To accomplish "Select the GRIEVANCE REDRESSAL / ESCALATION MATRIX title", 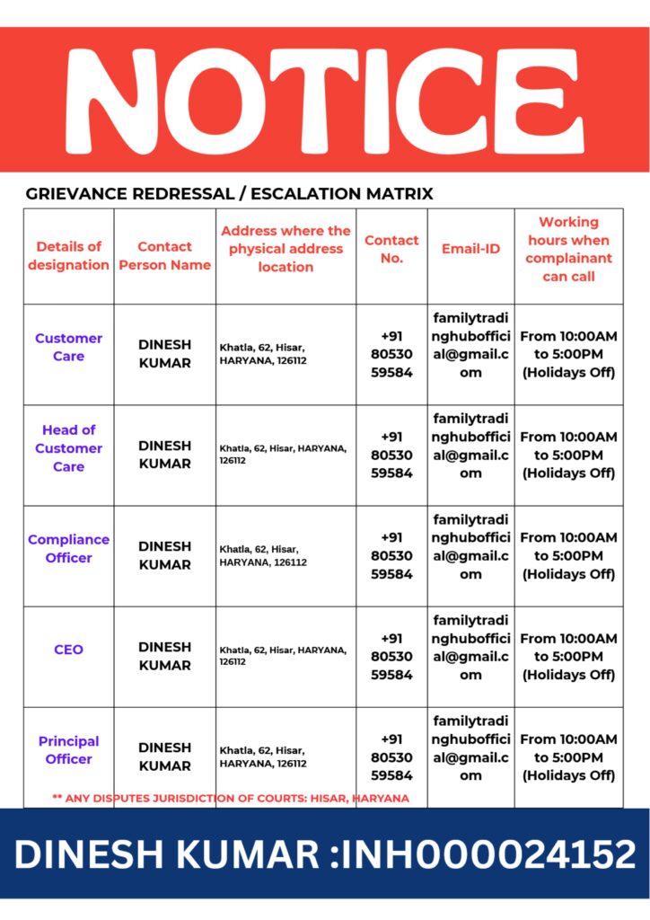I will pos(229,193).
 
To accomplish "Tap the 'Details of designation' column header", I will pos(68,255).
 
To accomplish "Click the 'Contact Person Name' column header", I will pos(164,255).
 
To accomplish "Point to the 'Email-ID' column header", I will pos(470,249).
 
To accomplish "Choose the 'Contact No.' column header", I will pos(391,249).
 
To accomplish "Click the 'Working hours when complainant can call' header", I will pos(568,249).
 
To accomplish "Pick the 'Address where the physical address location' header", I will pos(285,249).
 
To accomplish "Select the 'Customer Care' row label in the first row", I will pos(68,347).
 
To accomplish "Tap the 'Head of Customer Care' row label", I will pos(68,447).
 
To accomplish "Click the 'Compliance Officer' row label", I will pos(68,548).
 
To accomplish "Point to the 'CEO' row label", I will pos(68,649).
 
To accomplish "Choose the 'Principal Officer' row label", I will pos(68,749).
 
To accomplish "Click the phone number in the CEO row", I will pos(391,656).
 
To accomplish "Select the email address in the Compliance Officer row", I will pos(470,546).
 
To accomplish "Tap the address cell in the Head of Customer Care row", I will pos(283,453).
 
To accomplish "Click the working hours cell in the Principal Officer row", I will pos(568,756).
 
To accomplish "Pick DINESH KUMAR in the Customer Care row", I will pos(164,353).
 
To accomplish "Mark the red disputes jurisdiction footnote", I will pos(231,798).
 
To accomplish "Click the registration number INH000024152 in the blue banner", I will pos(485,854).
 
